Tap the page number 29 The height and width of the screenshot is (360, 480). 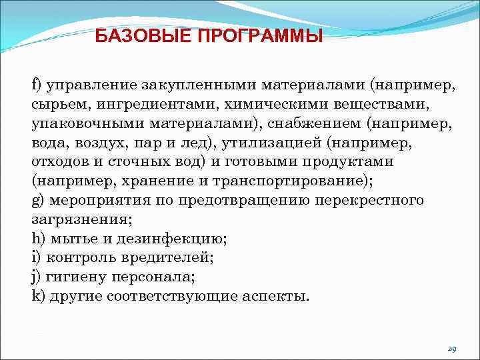[451, 349]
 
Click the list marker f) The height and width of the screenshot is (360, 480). [37, 85]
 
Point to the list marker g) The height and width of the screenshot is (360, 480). [37, 201]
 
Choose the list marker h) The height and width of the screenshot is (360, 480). [37, 239]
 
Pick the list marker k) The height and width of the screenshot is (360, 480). [37, 296]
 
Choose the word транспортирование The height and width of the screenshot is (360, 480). [286, 181]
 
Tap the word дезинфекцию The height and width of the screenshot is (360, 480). [177, 239]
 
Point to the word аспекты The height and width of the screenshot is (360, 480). [273, 296]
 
